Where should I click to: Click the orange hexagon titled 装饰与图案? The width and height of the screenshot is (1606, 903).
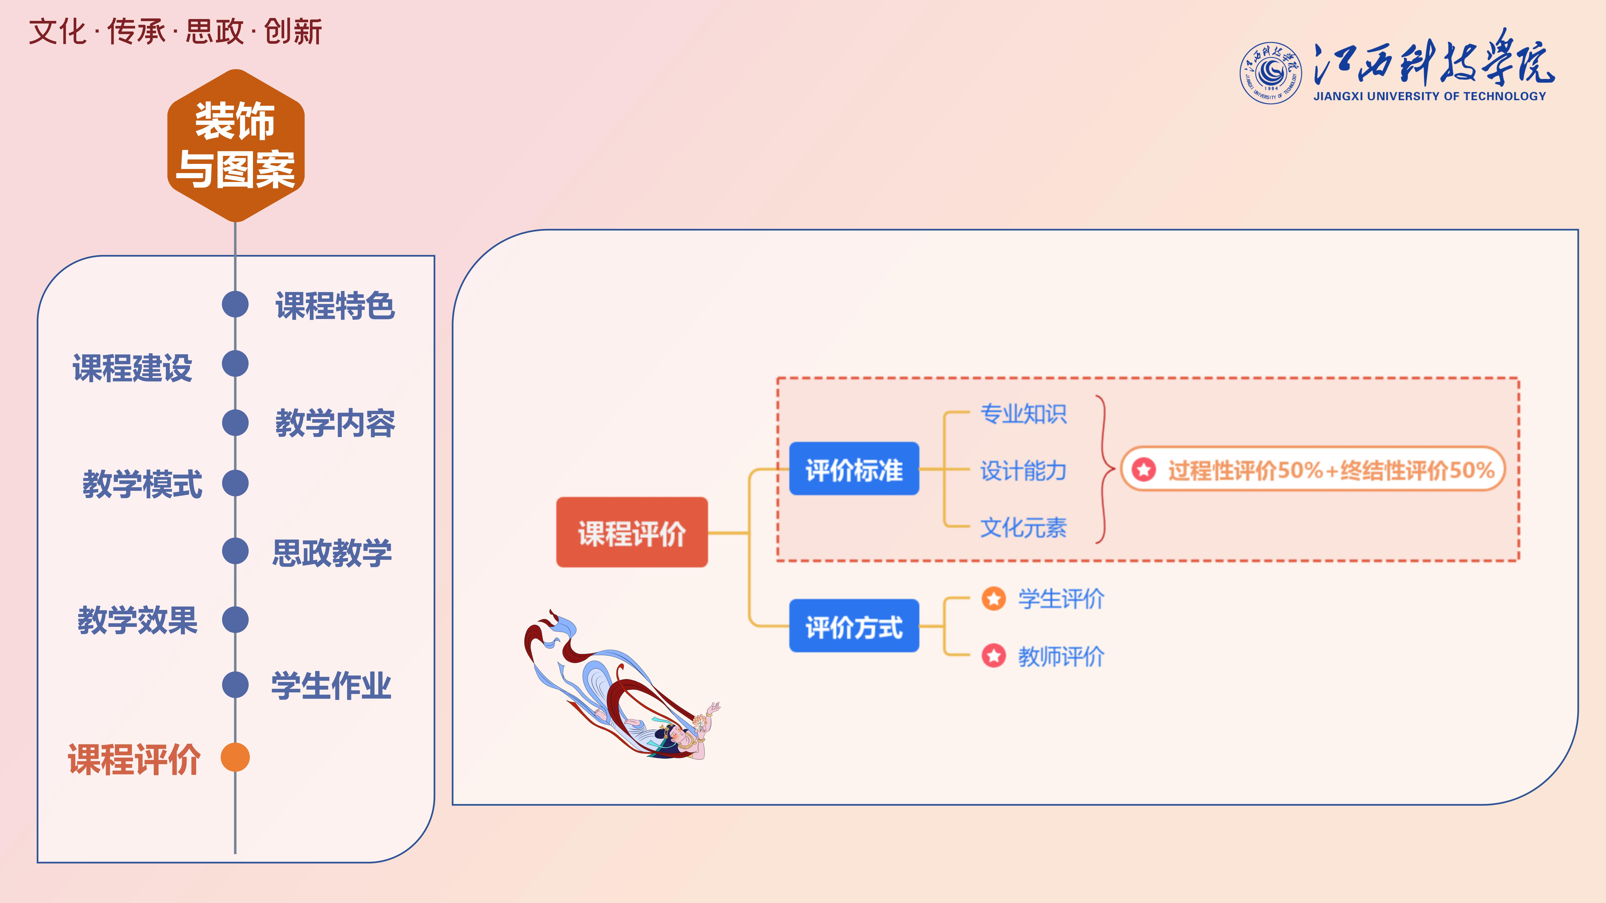[236, 145]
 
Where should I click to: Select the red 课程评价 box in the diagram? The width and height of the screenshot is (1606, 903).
[632, 532]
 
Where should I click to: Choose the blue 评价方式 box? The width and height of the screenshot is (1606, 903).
[853, 626]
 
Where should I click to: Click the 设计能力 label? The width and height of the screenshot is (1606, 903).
[1023, 471]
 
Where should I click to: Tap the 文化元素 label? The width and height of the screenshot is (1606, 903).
[1023, 527]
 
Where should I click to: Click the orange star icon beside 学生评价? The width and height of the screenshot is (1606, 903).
[994, 599]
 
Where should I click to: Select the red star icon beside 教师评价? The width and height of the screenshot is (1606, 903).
[994, 656]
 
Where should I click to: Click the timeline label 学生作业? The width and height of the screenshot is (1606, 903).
[331, 686]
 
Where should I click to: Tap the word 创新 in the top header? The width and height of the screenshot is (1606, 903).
[293, 32]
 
